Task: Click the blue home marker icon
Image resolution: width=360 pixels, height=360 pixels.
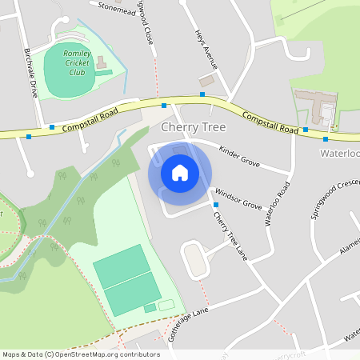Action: pos(180,173)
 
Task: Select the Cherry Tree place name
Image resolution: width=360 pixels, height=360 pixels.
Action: pos(194,127)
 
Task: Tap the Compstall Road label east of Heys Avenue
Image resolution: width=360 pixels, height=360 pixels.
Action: pos(270,122)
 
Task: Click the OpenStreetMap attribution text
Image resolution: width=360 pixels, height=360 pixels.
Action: pos(82,354)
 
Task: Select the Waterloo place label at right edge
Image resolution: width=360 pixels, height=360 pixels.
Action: pos(340,153)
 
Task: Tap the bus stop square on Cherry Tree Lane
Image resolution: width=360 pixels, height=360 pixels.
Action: pos(214,206)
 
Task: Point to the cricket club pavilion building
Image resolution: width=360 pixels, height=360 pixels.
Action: pos(102,62)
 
